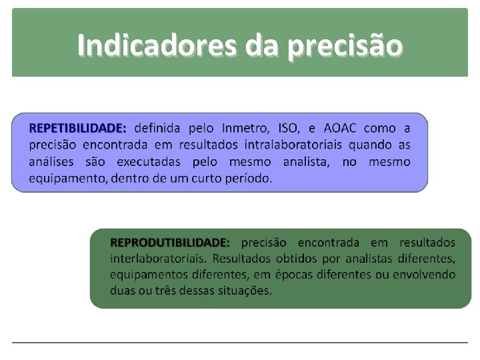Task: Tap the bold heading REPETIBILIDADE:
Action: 78,128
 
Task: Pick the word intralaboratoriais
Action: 293,145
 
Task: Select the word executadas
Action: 149,161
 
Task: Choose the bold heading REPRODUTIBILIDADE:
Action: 170,242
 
